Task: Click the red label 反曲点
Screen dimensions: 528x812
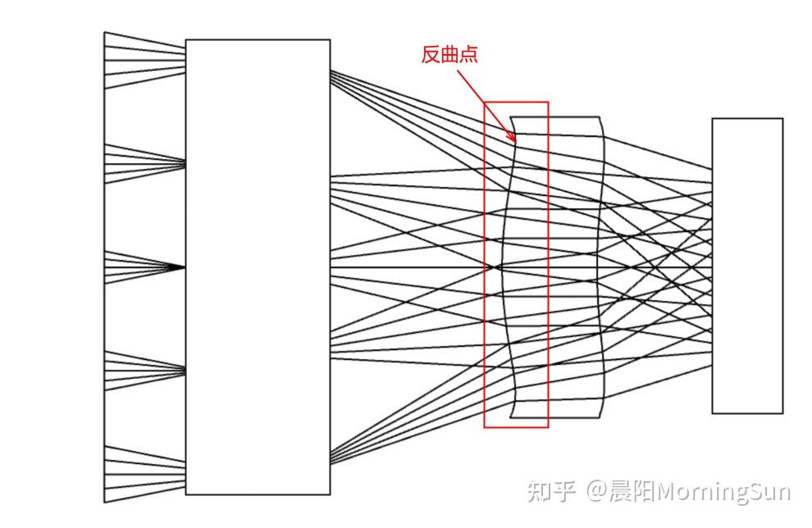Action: (449, 55)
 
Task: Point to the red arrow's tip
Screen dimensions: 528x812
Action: (515, 141)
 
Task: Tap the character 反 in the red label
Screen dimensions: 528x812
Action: (431, 55)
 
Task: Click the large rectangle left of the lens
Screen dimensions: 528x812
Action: (258, 266)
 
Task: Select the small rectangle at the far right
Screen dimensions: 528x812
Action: (747, 266)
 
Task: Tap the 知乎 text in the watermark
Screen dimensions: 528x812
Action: (552, 491)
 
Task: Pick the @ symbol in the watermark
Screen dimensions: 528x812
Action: (596, 491)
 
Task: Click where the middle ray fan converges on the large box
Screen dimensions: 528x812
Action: (185, 267)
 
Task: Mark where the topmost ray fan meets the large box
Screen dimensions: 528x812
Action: (185, 52)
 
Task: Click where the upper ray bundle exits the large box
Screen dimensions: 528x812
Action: (331, 74)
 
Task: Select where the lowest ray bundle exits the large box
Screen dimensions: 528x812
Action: (331, 461)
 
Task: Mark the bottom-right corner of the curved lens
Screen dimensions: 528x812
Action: (601, 416)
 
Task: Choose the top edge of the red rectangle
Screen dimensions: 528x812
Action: (515, 102)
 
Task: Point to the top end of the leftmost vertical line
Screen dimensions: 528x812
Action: (104, 33)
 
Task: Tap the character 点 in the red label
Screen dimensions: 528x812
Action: (468, 55)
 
